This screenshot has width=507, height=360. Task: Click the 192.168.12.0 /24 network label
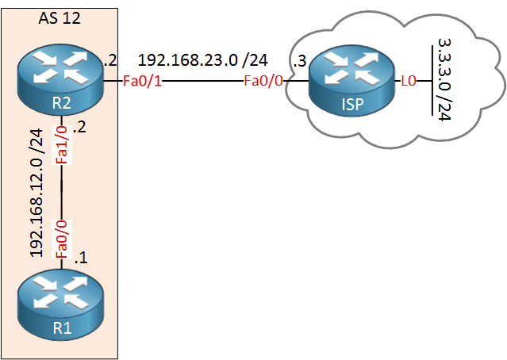[x=36, y=193]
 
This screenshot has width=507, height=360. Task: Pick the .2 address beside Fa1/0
[x=79, y=127]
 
